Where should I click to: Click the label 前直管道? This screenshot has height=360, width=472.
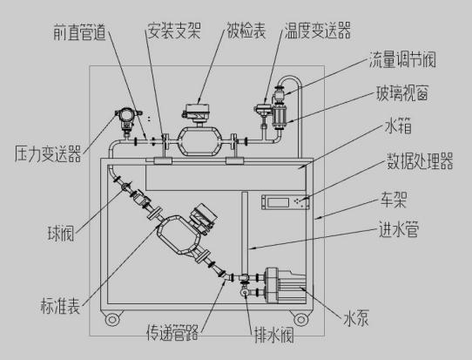(80, 32)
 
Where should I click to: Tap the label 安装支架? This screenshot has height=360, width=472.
(174, 31)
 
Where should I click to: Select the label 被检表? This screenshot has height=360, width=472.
(246, 31)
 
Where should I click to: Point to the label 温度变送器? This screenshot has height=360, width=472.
(318, 31)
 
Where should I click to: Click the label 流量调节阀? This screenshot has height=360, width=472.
(402, 59)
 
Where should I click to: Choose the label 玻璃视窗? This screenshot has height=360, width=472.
(402, 92)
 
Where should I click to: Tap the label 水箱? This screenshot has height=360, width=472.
(398, 126)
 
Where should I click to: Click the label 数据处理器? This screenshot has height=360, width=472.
(420, 161)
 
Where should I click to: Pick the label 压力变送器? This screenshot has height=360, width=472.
(48, 153)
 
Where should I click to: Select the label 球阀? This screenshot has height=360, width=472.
(61, 233)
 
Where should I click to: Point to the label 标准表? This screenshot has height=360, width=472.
(60, 306)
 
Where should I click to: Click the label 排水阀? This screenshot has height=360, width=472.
(274, 335)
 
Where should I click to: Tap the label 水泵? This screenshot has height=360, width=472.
(356, 319)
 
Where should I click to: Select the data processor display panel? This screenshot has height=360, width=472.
(286, 202)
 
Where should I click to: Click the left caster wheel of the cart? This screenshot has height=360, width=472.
(112, 319)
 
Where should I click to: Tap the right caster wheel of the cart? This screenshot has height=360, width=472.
(300, 319)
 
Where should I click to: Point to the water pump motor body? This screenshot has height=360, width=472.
(286, 286)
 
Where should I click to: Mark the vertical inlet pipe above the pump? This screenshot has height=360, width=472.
(245, 233)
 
